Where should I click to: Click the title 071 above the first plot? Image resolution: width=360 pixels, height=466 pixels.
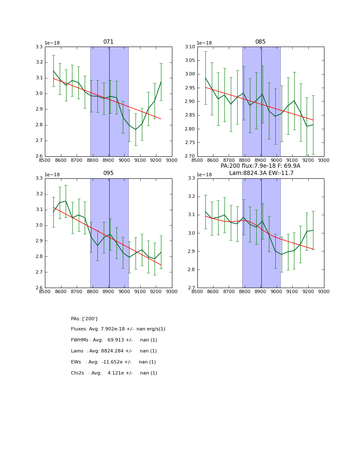click(108, 42)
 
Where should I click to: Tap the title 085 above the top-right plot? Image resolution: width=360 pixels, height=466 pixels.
click(260, 42)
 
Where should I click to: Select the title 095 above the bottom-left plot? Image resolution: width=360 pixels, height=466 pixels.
click(108, 173)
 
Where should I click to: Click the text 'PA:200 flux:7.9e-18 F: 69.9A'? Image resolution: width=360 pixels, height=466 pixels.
click(260, 166)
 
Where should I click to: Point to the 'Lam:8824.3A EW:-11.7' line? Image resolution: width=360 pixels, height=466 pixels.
click(260, 173)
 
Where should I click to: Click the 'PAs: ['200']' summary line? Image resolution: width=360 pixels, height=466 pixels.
click(84, 319)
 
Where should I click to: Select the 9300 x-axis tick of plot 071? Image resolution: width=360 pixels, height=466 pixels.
click(172, 160)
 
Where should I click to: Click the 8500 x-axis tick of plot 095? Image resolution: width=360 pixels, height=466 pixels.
click(45, 291)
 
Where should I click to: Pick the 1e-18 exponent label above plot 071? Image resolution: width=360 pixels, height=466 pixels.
click(53, 43)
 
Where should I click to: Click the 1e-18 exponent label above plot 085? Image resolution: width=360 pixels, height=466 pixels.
click(205, 43)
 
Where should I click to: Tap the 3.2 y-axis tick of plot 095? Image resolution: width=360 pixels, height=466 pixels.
click(39, 194)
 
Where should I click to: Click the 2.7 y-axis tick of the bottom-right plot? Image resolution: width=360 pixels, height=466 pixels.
click(191, 288)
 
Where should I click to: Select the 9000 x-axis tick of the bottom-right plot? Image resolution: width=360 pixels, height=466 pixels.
click(277, 291)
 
